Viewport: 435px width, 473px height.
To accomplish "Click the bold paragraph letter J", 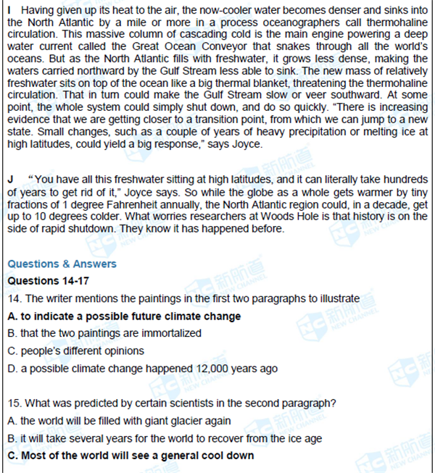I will click(x=11, y=179).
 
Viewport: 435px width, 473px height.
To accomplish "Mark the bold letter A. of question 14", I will click(x=12, y=316).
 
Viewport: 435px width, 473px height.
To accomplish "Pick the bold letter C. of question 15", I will click(x=12, y=456).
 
